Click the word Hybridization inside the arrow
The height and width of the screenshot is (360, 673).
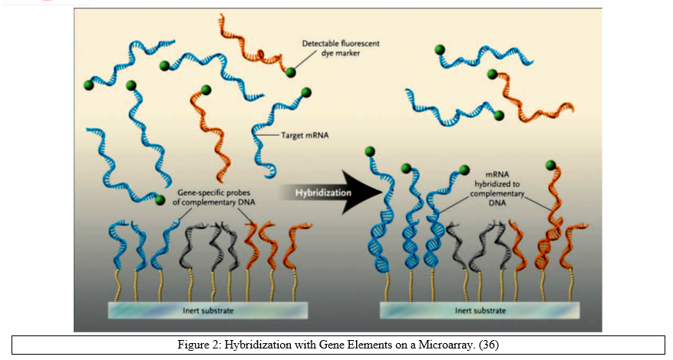tap(323, 193)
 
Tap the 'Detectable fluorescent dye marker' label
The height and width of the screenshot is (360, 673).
tap(341, 48)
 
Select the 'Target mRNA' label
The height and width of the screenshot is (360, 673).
tap(305, 135)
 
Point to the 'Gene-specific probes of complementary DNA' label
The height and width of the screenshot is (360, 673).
tap(214, 197)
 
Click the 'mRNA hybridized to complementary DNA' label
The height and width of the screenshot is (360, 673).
tap(497, 188)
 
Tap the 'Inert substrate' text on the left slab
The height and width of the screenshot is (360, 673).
tap(208, 311)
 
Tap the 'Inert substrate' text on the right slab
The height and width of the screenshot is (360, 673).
tap(480, 311)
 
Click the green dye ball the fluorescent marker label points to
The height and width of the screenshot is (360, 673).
tap(291, 72)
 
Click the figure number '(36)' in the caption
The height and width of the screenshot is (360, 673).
tap(489, 345)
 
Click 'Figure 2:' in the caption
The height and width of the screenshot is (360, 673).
tap(200, 345)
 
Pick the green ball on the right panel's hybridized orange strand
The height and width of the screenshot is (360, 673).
tap(550, 165)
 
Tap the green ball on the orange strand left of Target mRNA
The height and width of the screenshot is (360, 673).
tap(206, 90)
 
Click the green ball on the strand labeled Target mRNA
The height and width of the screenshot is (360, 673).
tap(306, 92)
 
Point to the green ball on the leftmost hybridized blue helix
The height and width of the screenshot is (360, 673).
tap(370, 151)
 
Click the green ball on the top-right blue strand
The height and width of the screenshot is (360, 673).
tap(440, 50)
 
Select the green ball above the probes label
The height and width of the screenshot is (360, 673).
tap(160, 200)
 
